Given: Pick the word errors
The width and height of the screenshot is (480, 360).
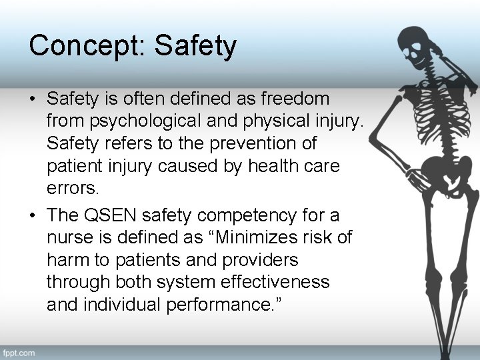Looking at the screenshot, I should click(72, 189).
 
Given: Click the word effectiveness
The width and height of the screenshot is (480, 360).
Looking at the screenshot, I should click(269, 282).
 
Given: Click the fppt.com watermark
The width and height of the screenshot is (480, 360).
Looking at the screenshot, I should click(19, 352).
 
